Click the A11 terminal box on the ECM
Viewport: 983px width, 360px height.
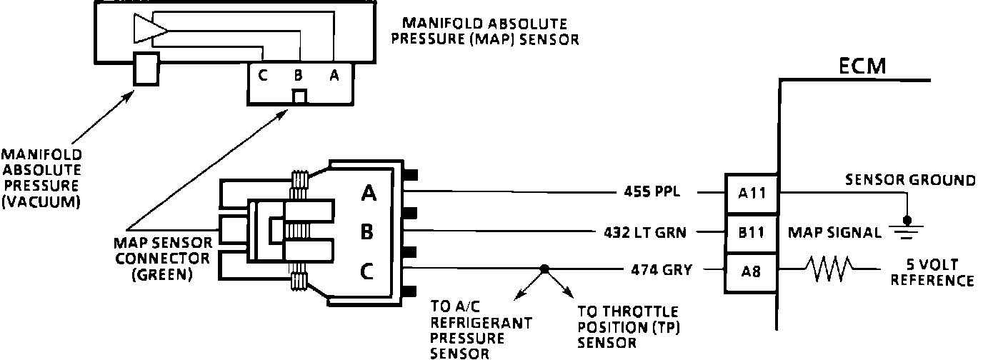(x=752, y=193)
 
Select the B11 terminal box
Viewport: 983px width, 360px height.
(x=752, y=232)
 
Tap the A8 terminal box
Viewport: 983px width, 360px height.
(x=752, y=271)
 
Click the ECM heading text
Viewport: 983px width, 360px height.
(x=862, y=66)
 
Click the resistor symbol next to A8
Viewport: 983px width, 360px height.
(x=829, y=270)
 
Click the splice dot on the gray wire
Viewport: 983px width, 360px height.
(x=544, y=269)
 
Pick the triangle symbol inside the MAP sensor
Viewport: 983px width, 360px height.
(x=149, y=29)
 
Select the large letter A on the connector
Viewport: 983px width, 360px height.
(x=369, y=193)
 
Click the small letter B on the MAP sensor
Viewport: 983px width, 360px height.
(x=298, y=75)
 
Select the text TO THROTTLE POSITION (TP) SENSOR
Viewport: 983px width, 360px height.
(x=628, y=328)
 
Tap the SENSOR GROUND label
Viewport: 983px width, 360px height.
(x=910, y=180)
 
